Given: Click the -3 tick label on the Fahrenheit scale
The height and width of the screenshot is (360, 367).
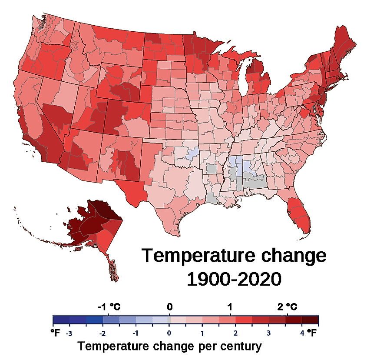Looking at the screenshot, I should (x=68, y=333).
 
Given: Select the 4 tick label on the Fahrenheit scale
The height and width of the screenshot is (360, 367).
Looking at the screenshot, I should (x=301, y=333).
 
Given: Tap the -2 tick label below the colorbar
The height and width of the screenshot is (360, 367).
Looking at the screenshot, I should (x=102, y=333).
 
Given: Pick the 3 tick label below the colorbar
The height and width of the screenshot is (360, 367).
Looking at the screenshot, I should (x=268, y=333).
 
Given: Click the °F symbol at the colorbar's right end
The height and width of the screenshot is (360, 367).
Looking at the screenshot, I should (x=313, y=333).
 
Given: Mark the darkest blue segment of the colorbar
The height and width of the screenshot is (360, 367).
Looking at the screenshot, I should (x=61, y=320).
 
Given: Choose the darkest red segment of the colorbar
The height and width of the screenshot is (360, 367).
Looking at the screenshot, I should (x=311, y=320).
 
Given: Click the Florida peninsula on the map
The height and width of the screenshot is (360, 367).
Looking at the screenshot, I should (x=300, y=215).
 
